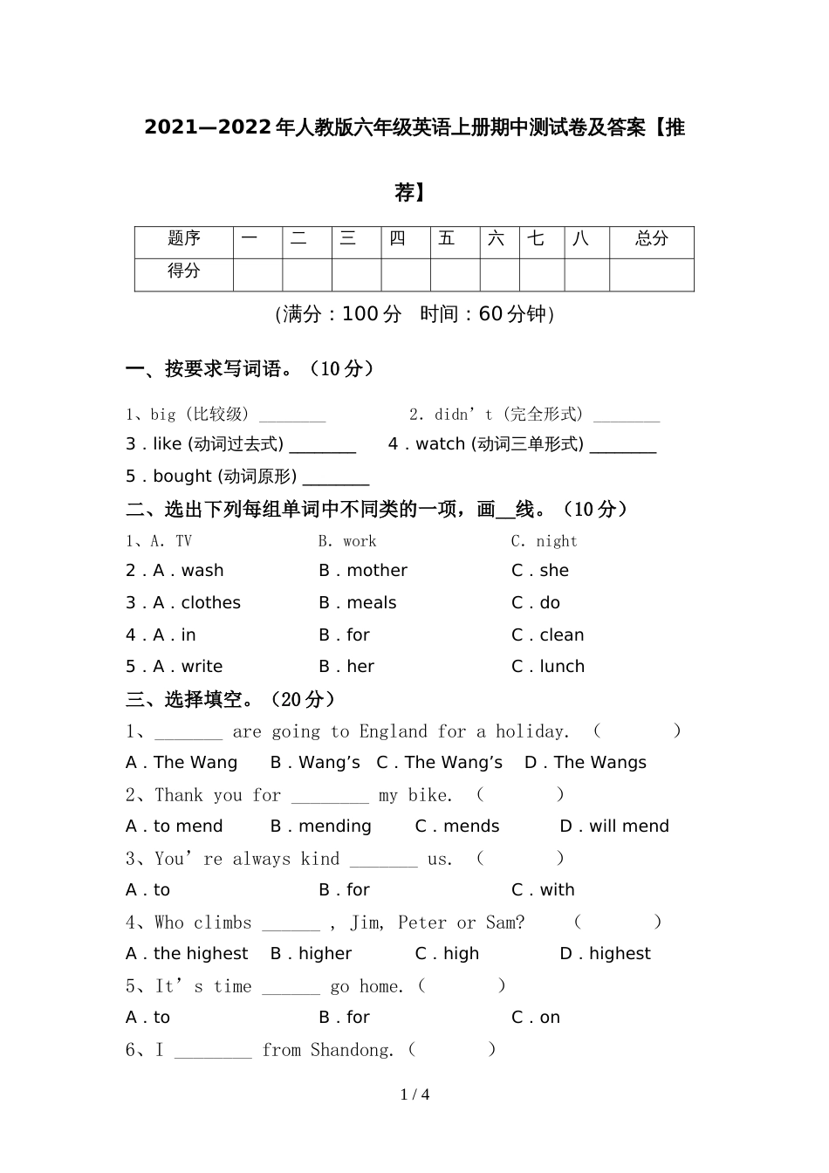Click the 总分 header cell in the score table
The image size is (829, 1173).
pyautogui.click(x=651, y=239)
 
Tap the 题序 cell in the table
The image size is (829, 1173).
pyautogui.click(x=184, y=238)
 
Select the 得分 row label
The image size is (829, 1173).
pyautogui.click(x=184, y=271)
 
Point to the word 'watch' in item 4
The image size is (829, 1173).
pyautogui.click(x=441, y=444)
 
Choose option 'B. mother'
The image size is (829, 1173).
pyautogui.click(x=363, y=571)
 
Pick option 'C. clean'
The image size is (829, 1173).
pyautogui.click(x=548, y=635)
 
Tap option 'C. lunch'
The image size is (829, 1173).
pyautogui.click(x=548, y=667)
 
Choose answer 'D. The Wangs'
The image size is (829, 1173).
pyautogui.click(x=586, y=763)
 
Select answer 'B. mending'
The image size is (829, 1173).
pyautogui.click(x=321, y=827)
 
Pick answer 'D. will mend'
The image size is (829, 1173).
pyautogui.click(x=614, y=827)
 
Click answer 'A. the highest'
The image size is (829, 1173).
pyautogui.click(x=187, y=954)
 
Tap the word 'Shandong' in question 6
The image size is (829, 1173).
pyautogui.click(x=353, y=1050)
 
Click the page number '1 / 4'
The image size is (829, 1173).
pyautogui.click(x=414, y=1094)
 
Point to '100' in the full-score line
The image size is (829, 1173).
pyautogui.click(x=360, y=314)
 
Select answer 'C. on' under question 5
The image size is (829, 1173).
pyautogui.click(x=536, y=1018)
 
